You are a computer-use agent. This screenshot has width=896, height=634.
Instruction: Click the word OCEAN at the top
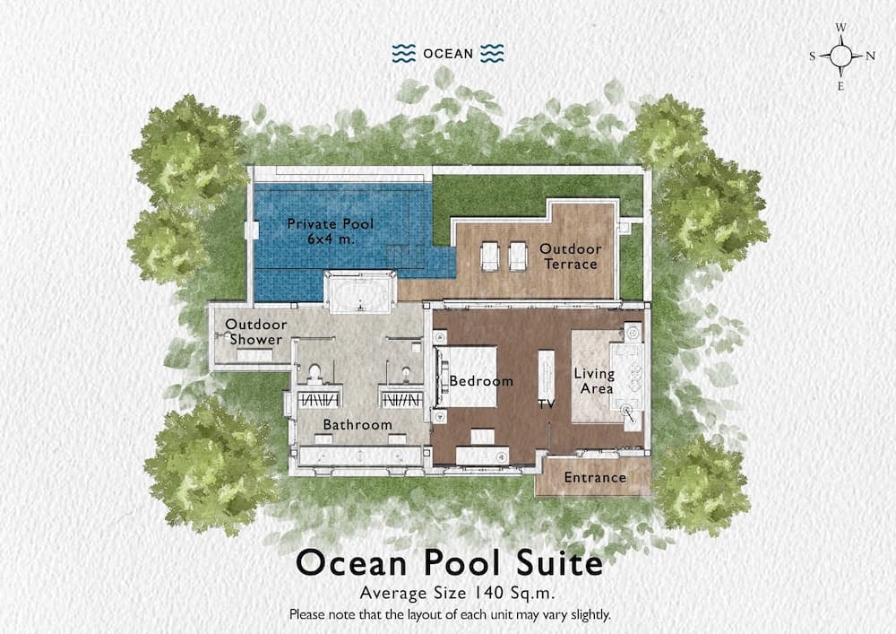(x=448, y=53)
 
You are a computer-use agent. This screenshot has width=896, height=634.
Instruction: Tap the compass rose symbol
(x=841, y=56)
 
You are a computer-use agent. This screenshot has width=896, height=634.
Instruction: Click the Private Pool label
(x=330, y=230)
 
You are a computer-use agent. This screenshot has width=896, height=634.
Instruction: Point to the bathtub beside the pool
(x=360, y=292)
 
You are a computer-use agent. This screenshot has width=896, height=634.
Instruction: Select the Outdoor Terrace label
(x=569, y=256)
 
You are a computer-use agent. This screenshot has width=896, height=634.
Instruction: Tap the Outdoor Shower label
(x=256, y=332)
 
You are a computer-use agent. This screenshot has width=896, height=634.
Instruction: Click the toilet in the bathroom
(x=314, y=373)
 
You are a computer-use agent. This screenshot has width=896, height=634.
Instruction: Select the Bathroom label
(x=358, y=425)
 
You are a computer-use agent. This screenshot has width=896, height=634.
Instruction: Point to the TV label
(x=547, y=404)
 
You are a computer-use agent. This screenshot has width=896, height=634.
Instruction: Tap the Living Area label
(x=594, y=381)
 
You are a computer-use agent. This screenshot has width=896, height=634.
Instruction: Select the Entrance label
(x=595, y=478)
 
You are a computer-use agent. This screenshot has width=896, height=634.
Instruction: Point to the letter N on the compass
(x=870, y=56)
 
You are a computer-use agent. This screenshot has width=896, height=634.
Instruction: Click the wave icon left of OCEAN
(x=403, y=53)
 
